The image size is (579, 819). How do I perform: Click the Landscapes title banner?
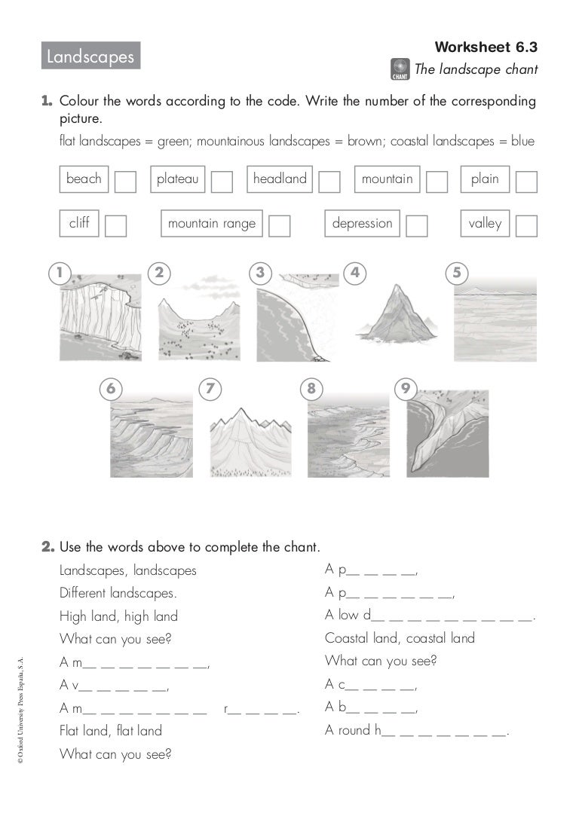[x=90, y=56]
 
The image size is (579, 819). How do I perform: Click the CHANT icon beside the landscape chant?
[x=400, y=69]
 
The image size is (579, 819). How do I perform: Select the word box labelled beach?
[x=84, y=179]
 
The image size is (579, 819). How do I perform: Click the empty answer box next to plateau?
[x=222, y=182]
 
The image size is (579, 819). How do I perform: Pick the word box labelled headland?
[x=280, y=179]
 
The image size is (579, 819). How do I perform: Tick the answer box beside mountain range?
[x=280, y=226]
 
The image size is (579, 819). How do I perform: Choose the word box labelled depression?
[x=363, y=224]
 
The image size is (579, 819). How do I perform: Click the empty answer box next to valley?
[x=526, y=226]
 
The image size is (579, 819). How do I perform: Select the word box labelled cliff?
[x=79, y=224]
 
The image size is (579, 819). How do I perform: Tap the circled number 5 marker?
[x=456, y=273]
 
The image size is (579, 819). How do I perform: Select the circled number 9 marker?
[x=406, y=388]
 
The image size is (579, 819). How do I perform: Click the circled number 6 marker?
[x=111, y=389]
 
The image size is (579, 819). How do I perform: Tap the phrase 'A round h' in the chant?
[x=417, y=730]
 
